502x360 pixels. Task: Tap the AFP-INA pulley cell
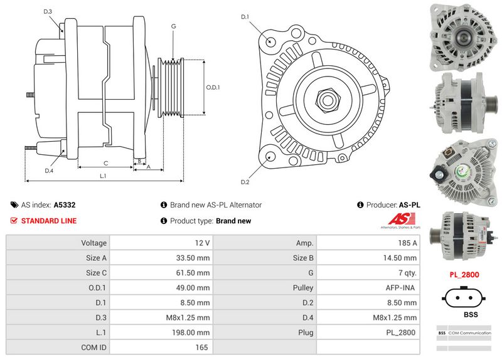403,287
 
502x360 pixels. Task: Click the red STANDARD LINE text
48,221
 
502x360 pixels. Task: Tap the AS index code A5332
65,204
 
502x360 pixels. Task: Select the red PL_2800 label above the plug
465,275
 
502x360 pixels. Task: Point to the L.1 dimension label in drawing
103,176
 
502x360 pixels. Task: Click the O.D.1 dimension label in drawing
213,87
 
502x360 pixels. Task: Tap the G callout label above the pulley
173,26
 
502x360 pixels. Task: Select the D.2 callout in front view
245,182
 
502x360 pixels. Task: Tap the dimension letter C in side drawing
105,163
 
